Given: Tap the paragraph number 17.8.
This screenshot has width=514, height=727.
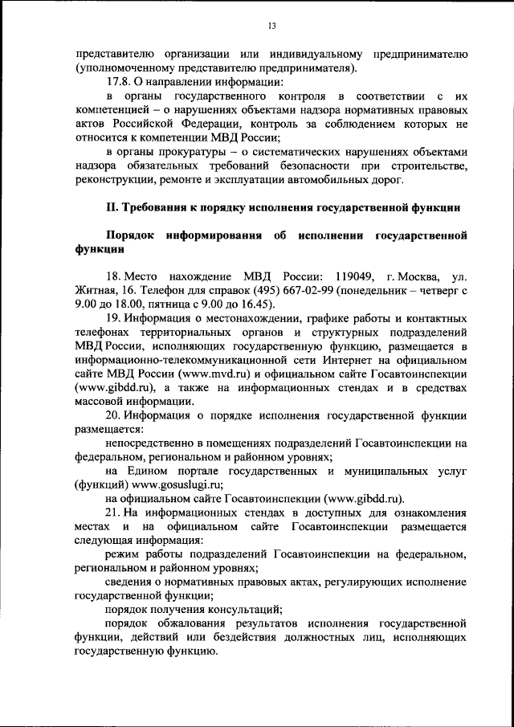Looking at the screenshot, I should point(119,82).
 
